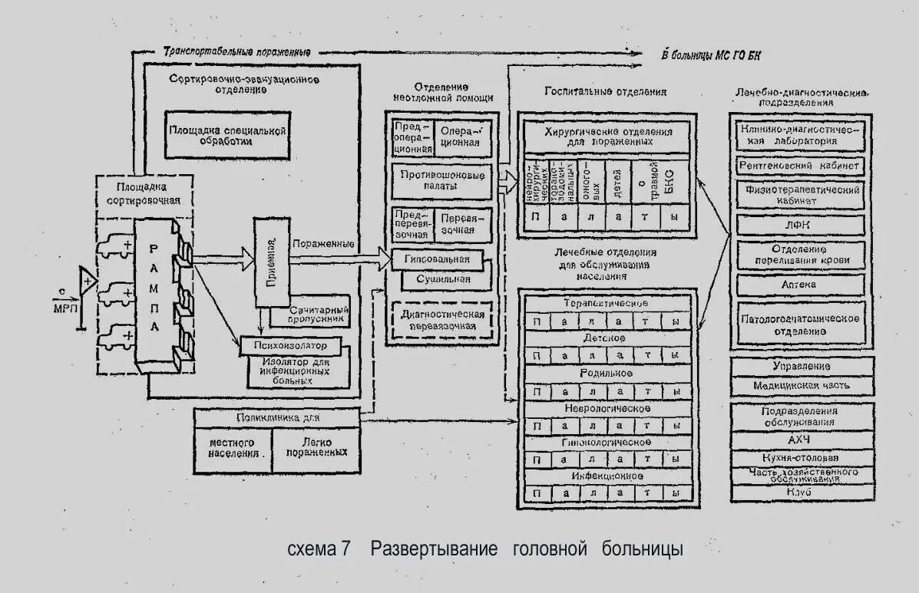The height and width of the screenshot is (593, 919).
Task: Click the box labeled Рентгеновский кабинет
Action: coord(799,165)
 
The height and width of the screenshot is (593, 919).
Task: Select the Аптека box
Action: coord(799,284)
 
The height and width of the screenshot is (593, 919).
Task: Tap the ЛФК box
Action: coord(799,225)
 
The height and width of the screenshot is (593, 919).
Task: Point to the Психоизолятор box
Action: coord(285,344)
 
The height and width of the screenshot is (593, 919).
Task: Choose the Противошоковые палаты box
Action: coord(442,181)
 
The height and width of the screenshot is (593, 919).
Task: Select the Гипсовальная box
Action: coord(441,260)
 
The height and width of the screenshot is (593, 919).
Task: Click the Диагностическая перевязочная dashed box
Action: coord(442,321)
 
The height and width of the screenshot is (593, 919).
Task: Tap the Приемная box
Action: coord(272,259)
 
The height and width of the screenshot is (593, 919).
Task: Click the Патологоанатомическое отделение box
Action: coord(799,324)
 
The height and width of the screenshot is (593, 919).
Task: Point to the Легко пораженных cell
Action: coord(316,448)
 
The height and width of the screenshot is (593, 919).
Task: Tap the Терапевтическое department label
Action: coord(607,303)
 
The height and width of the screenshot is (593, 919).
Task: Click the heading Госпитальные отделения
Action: coord(606,91)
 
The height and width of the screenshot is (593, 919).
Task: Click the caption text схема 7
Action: coord(319,549)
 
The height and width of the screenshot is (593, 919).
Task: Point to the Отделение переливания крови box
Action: coord(799,255)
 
